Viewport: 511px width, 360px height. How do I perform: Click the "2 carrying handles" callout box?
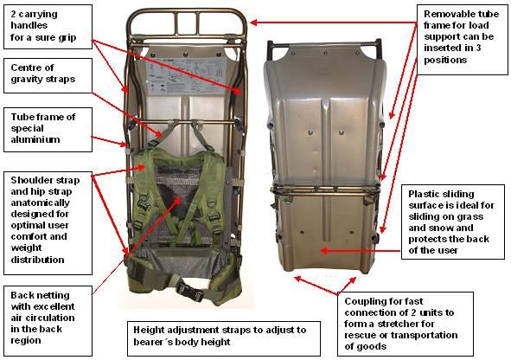click(x=48, y=27)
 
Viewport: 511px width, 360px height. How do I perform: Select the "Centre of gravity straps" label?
click(x=48, y=75)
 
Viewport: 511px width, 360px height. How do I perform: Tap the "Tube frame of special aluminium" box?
click(x=48, y=130)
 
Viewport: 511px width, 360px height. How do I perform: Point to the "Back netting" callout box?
click(x=48, y=321)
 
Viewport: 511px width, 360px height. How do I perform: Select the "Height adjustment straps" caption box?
click(x=224, y=338)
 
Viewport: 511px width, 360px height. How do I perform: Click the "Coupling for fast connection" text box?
click(x=406, y=325)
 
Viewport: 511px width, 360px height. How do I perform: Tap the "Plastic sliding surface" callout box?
click(x=453, y=222)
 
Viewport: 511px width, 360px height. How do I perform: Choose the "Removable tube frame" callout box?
click(x=462, y=40)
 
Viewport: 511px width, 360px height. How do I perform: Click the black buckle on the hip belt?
click(x=190, y=291)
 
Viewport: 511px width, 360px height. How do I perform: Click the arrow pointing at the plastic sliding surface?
click(x=360, y=251)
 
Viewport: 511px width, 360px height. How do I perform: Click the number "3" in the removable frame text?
click(x=478, y=48)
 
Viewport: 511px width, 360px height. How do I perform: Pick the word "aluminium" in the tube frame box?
click(x=35, y=139)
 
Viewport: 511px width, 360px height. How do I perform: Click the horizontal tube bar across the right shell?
click(x=325, y=190)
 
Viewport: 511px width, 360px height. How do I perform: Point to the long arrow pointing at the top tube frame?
click(x=333, y=22)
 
